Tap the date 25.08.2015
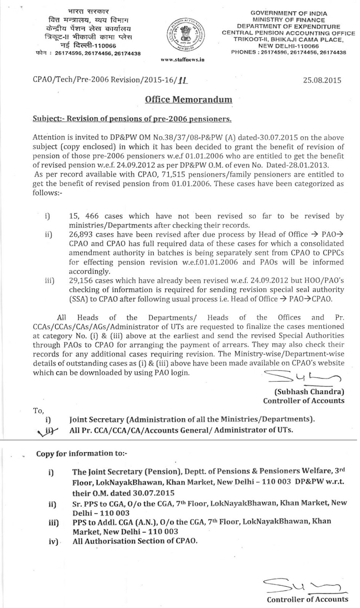coord(322,80)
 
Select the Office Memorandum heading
coord(189,100)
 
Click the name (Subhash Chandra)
coord(309,391)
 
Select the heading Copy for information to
coord(82,453)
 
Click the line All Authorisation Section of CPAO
coord(135,541)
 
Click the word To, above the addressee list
coord(39,410)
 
